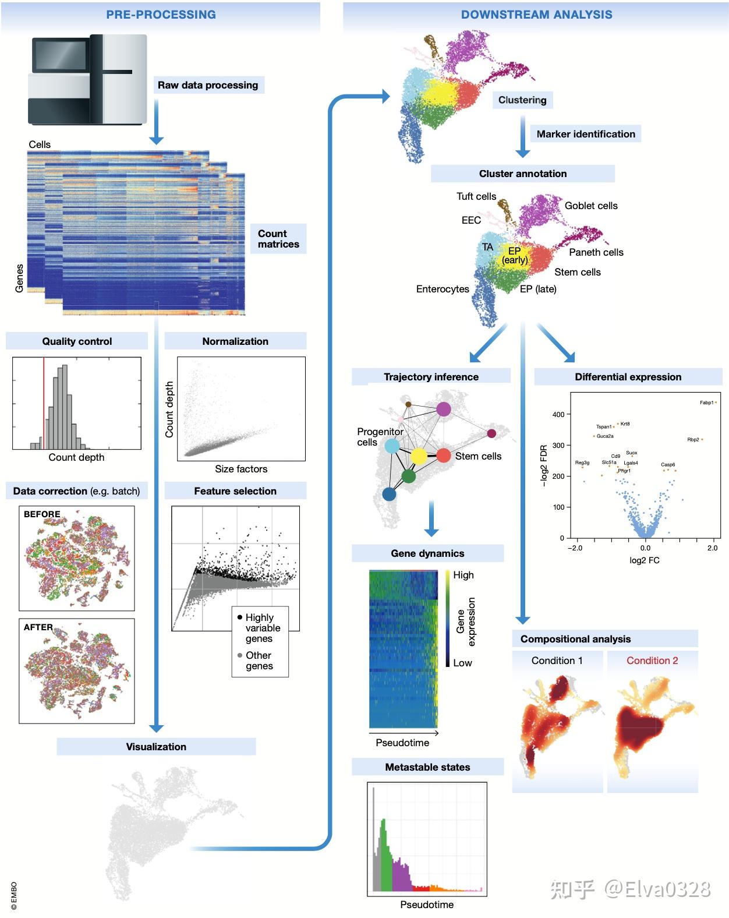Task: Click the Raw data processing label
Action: tap(208, 85)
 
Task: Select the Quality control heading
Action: tap(77, 341)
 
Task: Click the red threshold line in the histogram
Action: tap(44, 402)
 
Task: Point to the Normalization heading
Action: tap(235, 341)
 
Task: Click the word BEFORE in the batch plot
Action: tap(42, 514)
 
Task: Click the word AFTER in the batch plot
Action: tap(38, 627)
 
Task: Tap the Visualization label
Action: tap(156, 747)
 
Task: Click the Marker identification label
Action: tap(586, 134)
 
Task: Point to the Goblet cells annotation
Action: tap(591, 206)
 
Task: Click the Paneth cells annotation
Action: tap(596, 252)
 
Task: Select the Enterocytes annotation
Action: tap(443, 289)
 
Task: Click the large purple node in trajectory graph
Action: tap(444, 409)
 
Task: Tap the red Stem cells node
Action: tap(444, 456)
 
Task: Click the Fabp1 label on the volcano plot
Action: tap(706, 402)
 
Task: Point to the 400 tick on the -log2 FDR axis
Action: tap(558, 415)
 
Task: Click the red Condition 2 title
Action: tap(652, 661)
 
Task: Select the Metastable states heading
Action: tap(427, 767)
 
